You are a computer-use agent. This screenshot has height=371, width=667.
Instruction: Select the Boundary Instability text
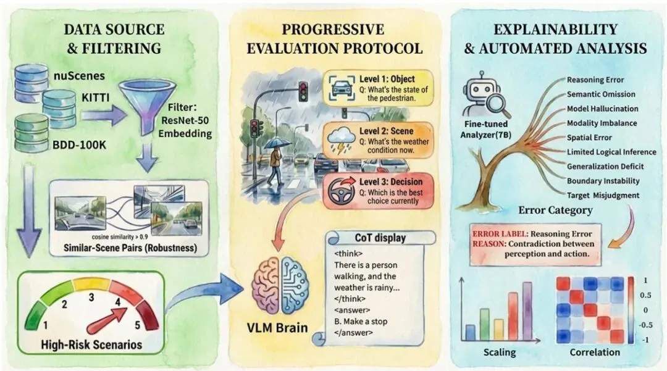[x=602, y=181]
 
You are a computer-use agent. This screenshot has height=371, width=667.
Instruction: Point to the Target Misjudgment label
[x=602, y=195]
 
